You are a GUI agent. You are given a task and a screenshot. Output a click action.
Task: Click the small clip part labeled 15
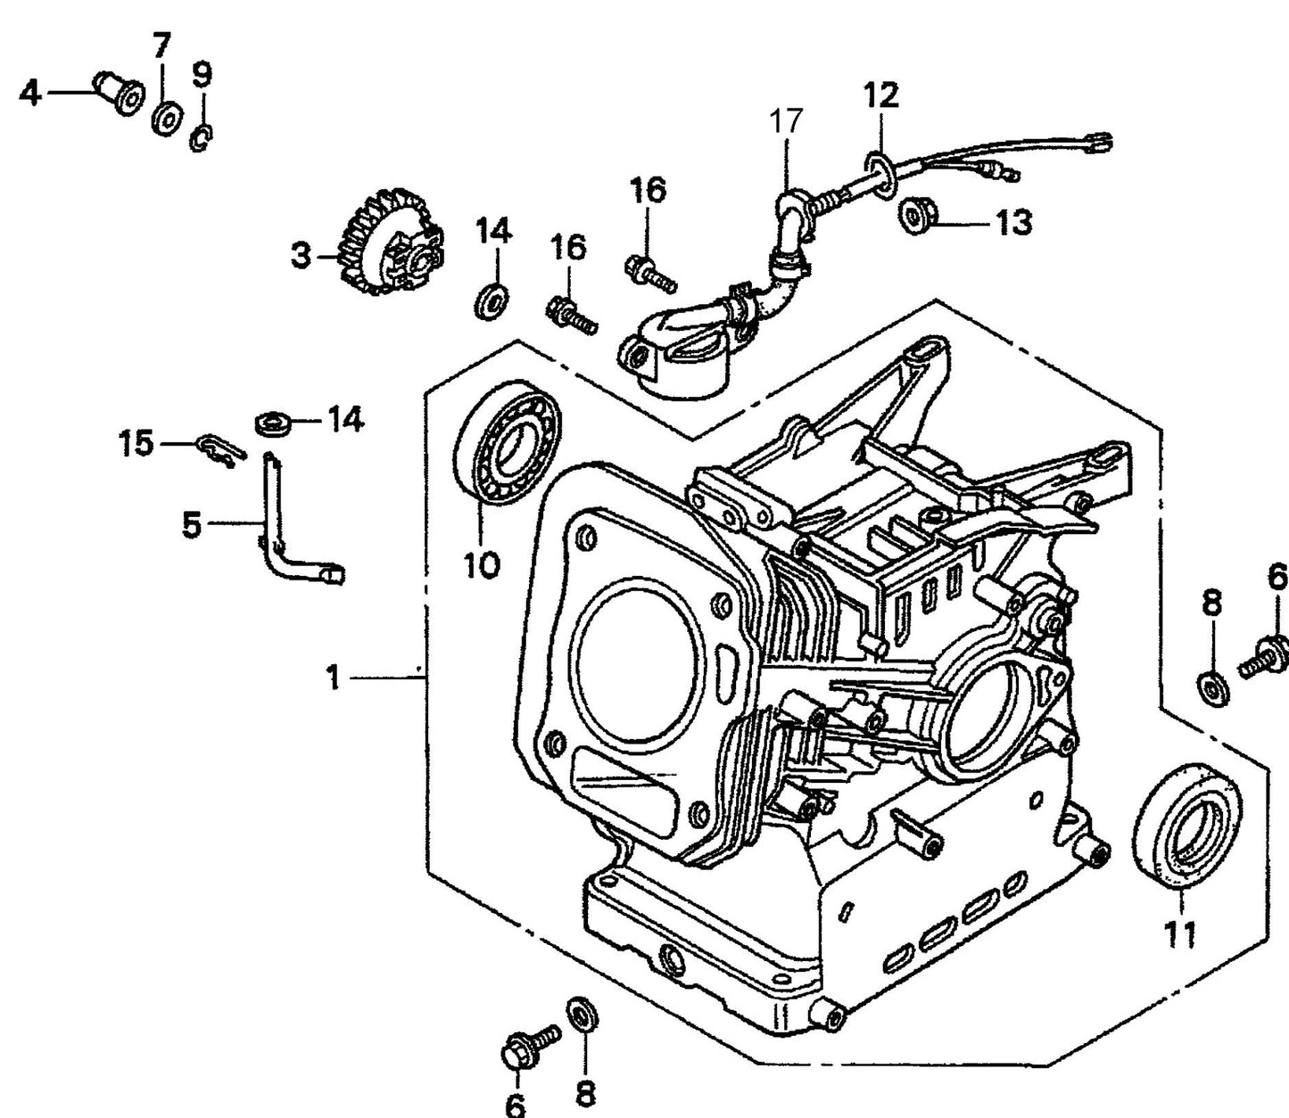click(217, 448)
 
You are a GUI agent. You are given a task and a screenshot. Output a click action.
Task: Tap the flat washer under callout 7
click(165, 118)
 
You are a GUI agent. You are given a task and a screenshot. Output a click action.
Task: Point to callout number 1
click(333, 678)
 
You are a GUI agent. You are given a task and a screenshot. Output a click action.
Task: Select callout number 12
click(880, 95)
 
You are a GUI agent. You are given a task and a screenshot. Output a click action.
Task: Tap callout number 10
click(482, 564)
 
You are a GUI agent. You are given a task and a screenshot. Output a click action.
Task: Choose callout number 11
click(1182, 933)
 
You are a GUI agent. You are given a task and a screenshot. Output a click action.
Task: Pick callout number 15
click(136, 443)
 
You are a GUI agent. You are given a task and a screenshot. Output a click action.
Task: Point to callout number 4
click(29, 92)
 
